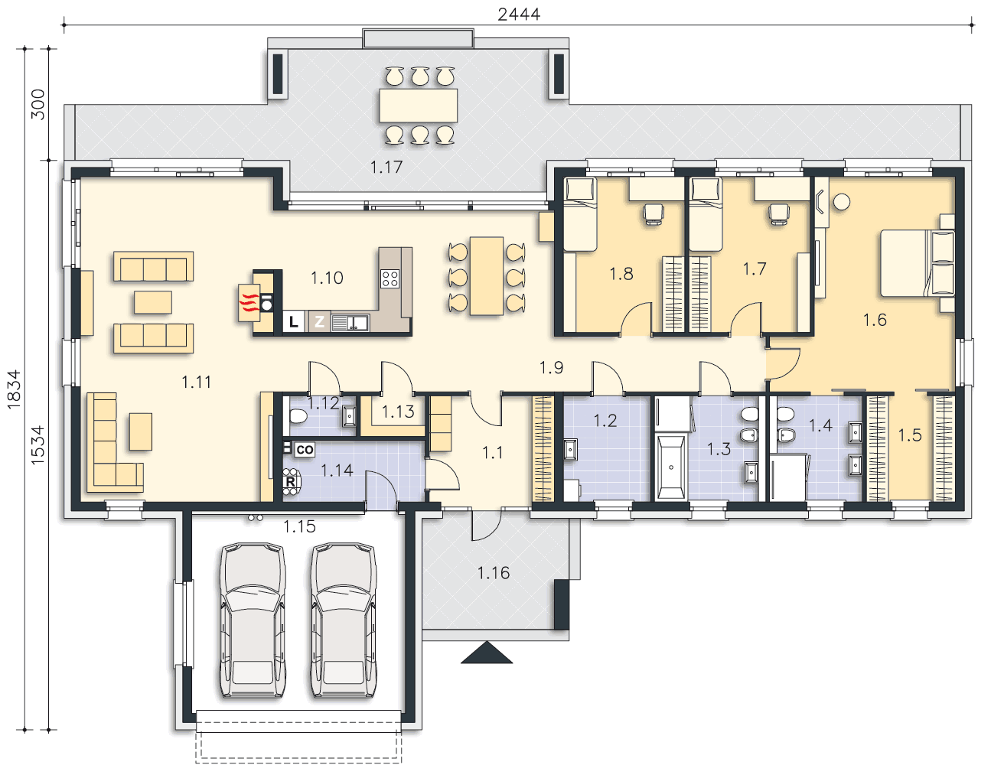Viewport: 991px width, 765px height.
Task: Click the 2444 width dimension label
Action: click(x=519, y=15)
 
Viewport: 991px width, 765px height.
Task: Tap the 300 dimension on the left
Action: click(x=38, y=104)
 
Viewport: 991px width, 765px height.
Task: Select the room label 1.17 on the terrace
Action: click(x=386, y=168)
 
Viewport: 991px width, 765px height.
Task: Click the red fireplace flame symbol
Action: click(x=249, y=303)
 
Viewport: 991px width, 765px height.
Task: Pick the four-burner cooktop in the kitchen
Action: click(x=390, y=278)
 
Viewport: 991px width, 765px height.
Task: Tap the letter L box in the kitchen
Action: click(x=293, y=322)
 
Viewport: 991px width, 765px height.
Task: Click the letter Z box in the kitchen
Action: click(x=319, y=322)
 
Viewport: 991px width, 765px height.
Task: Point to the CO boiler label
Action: click(x=304, y=450)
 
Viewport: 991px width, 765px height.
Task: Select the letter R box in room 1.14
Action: click(x=290, y=482)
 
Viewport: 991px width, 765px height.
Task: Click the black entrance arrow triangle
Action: click(x=487, y=653)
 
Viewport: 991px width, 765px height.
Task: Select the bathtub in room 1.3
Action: click(x=671, y=467)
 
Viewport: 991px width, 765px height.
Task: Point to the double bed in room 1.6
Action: click(x=917, y=263)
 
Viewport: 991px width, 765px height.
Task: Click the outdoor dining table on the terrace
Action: click(x=418, y=106)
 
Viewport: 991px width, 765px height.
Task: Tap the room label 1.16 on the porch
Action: click(x=494, y=573)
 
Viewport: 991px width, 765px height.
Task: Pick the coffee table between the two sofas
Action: click(x=153, y=302)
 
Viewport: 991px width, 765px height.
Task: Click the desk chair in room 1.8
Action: click(x=654, y=214)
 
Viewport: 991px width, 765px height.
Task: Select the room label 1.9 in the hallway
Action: click(x=552, y=367)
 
